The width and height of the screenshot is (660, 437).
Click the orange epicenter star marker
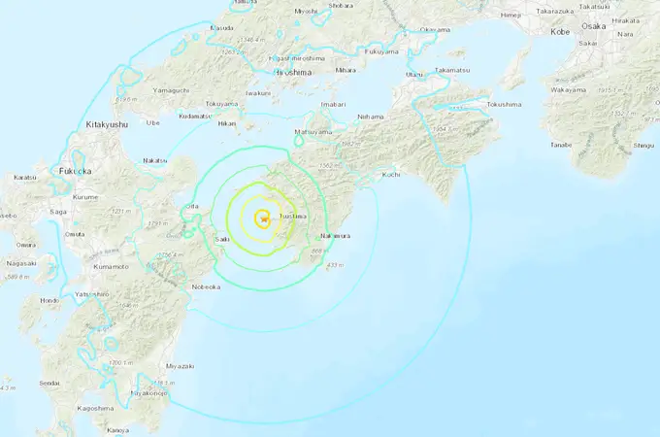[x=263, y=218]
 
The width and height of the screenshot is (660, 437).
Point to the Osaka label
[x=595, y=25]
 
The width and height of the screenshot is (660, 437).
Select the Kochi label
[x=392, y=175]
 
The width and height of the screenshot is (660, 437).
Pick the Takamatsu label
[x=451, y=70]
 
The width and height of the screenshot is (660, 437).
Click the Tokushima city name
[x=504, y=104]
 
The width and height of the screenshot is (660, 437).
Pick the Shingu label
[x=643, y=146]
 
